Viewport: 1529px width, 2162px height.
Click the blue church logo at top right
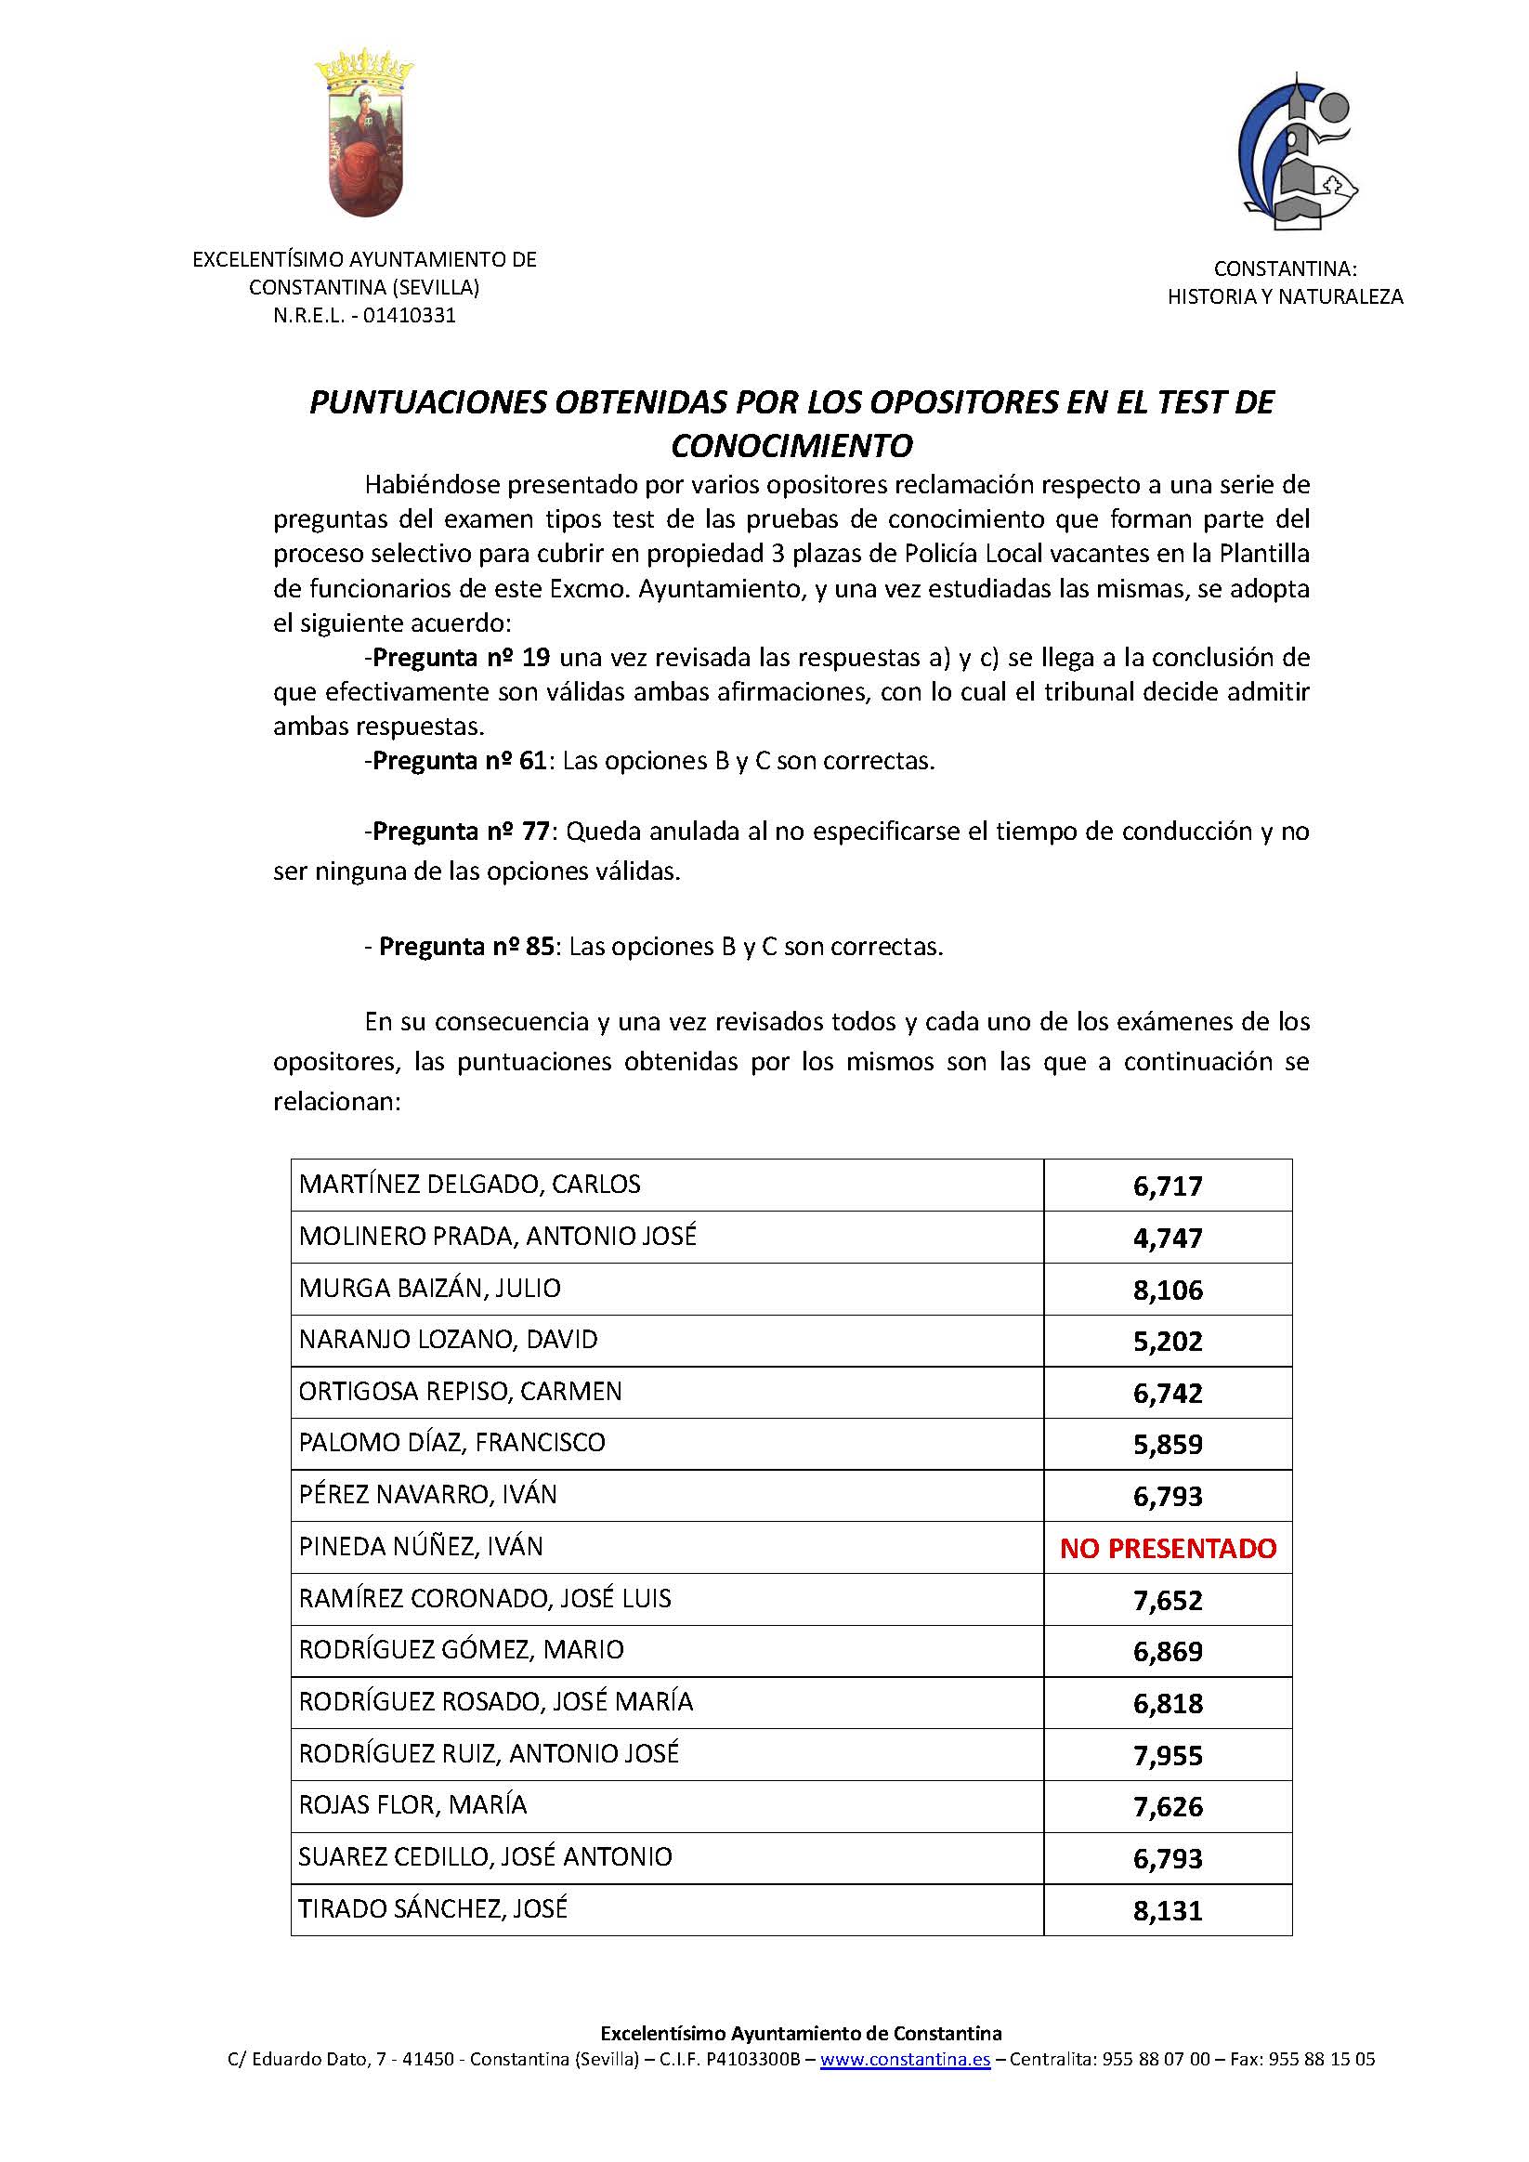[1295, 152]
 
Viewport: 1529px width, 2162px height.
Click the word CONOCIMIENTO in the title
[791, 444]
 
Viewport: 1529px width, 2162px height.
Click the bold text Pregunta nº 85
[466, 947]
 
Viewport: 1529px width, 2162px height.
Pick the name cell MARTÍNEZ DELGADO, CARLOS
[470, 1185]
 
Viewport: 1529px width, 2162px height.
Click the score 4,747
[1168, 1238]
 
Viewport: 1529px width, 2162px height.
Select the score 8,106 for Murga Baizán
[1168, 1289]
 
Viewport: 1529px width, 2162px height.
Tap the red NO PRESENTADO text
[1168, 1548]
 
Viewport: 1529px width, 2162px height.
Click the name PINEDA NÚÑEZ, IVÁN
[421, 1547]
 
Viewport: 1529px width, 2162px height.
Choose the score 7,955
[1168, 1755]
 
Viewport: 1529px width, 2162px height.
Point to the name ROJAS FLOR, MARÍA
[412, 1805]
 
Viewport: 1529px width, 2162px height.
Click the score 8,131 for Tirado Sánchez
[1168, 1910]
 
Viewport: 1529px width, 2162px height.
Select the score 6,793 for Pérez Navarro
[1168, 1496]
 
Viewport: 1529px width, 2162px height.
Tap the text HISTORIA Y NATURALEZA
[1285, 296]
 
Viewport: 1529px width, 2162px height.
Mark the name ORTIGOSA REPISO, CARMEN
[461, 1392]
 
